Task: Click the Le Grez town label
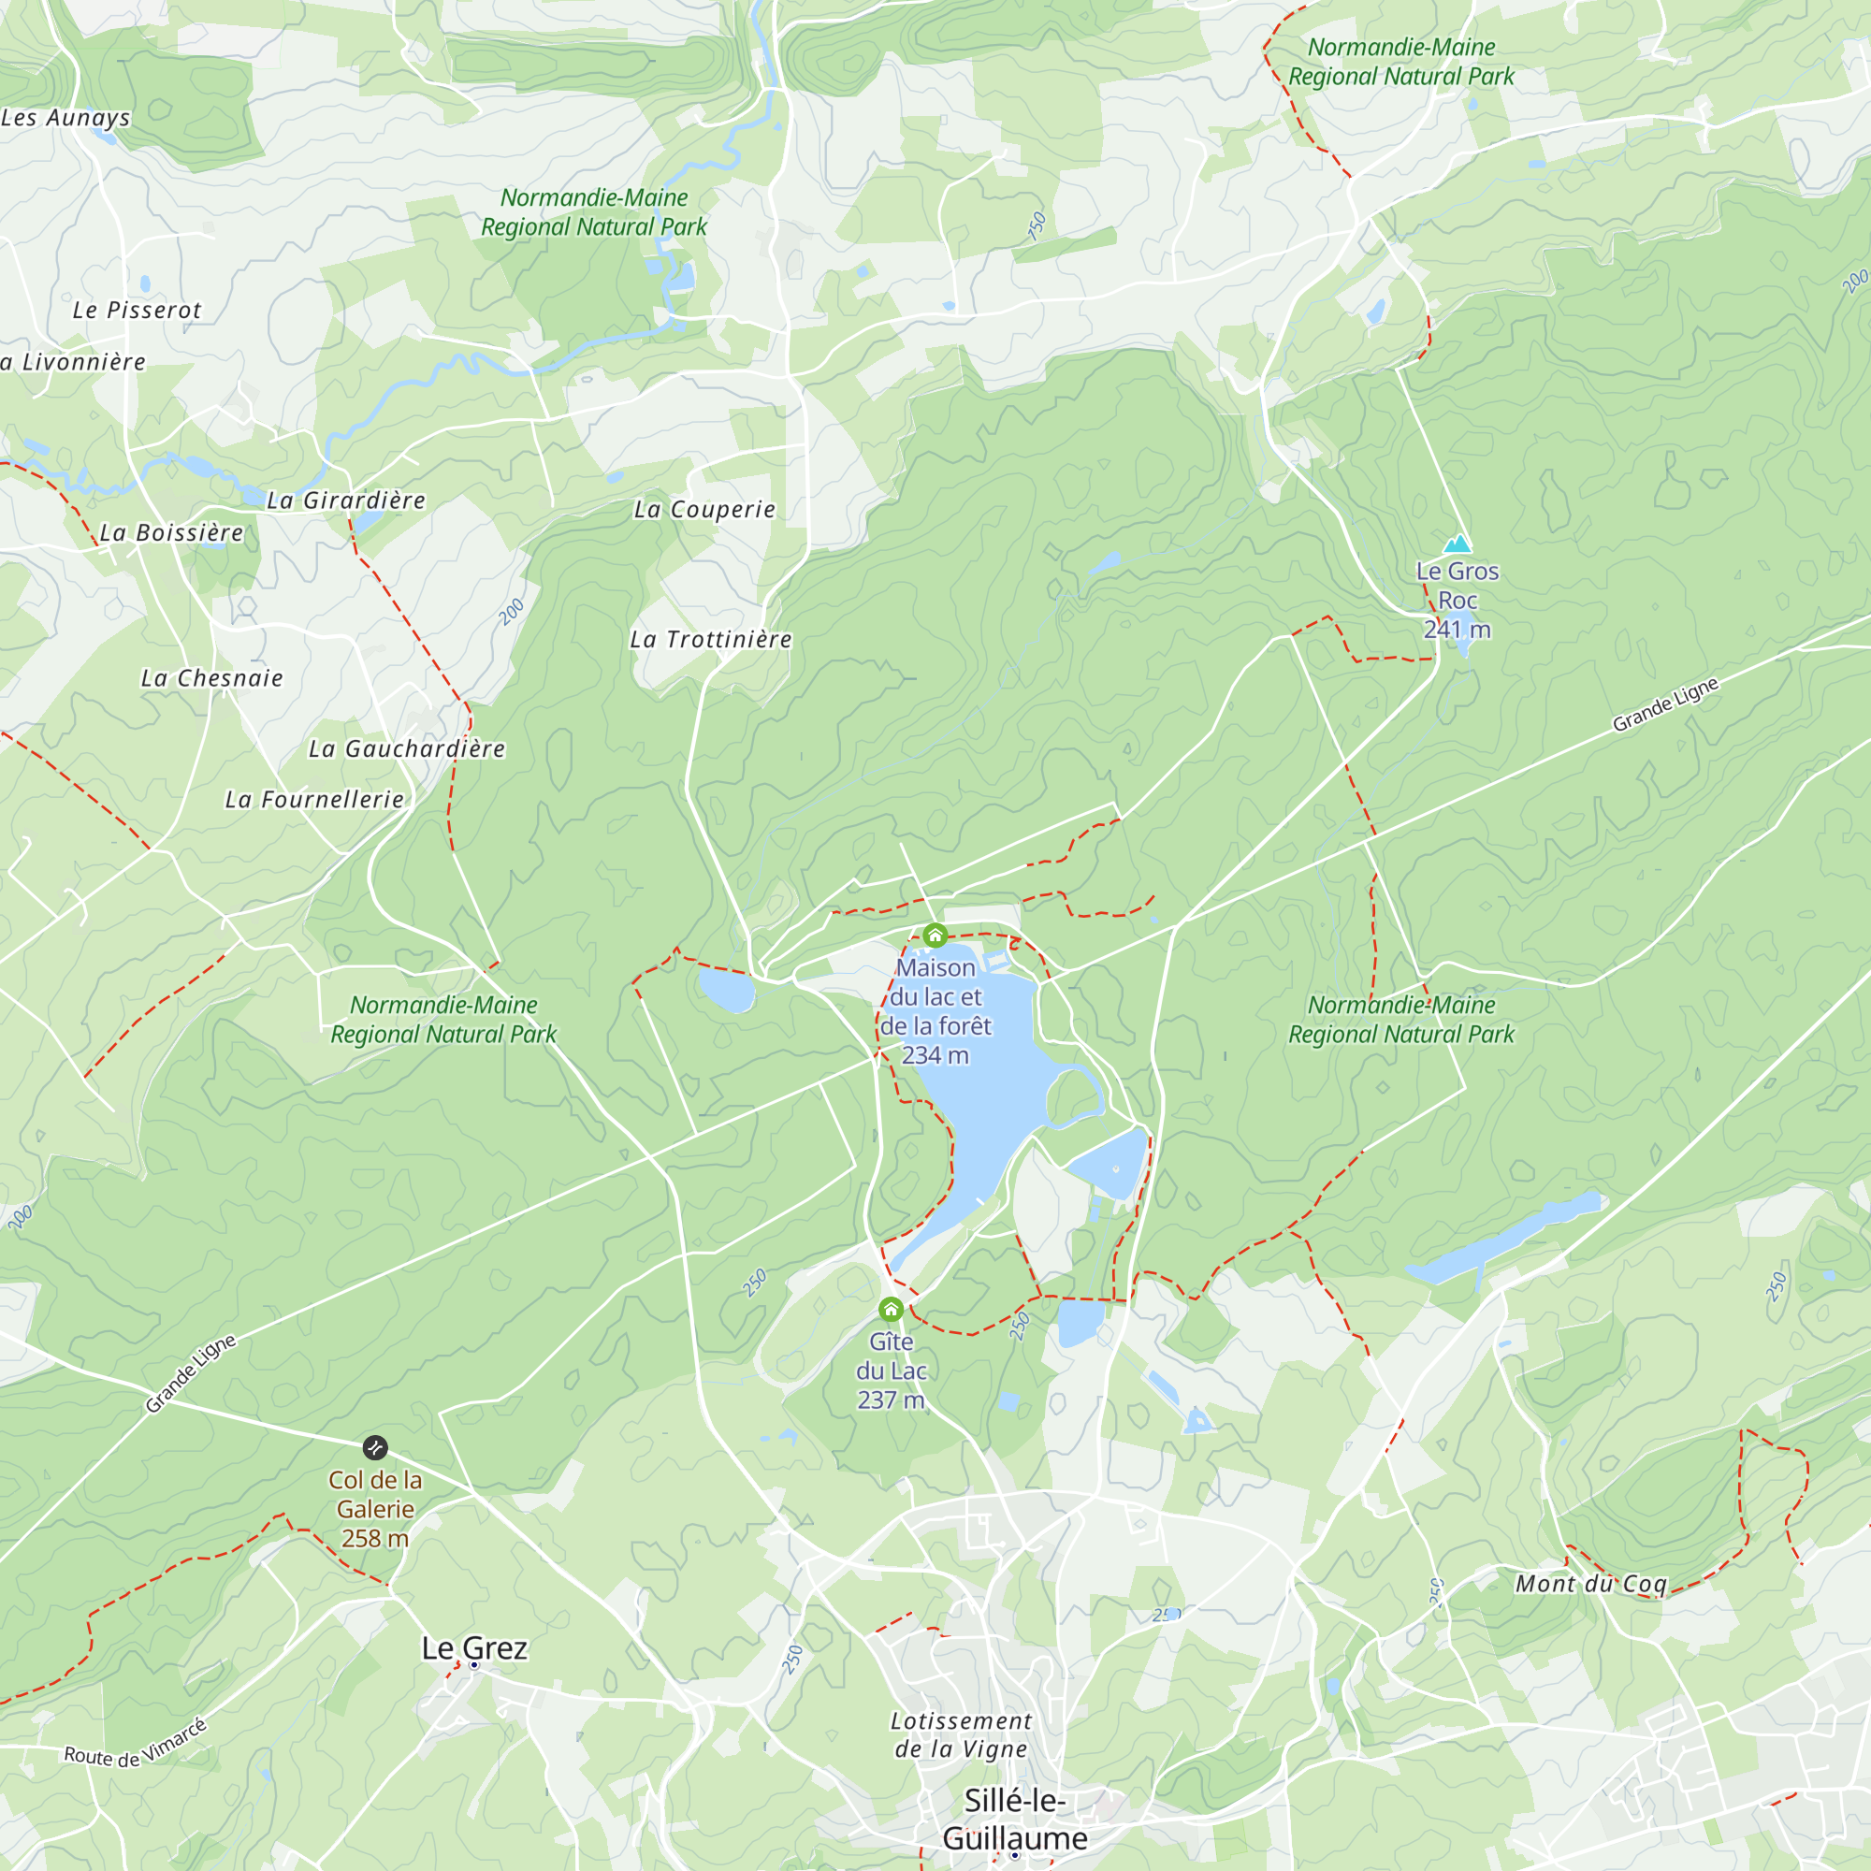click(474, 1647)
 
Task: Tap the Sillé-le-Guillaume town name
click(1014, 1819)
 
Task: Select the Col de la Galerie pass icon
click(376, 1448)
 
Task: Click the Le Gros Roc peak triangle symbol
click(1457, 544)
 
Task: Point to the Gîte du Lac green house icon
click(891, 1311)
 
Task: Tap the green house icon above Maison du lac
click(935, 935)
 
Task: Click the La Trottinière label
click(711, 639)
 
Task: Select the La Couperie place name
click(705, 510)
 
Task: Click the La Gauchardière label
click(407, 748)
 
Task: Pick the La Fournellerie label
click(314, 799)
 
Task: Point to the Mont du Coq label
click(1591, 1584)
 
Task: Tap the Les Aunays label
click(65, 117)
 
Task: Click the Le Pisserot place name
click(137, 310)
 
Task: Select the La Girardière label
click(347, 500)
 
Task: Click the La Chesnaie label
click(212, 678)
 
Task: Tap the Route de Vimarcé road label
click(136, 1744)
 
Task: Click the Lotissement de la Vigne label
click(961, 1734)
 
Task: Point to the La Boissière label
click(171, 532)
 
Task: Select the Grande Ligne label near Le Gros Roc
click(1665, 704)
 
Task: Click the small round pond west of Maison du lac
click(726, 990)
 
